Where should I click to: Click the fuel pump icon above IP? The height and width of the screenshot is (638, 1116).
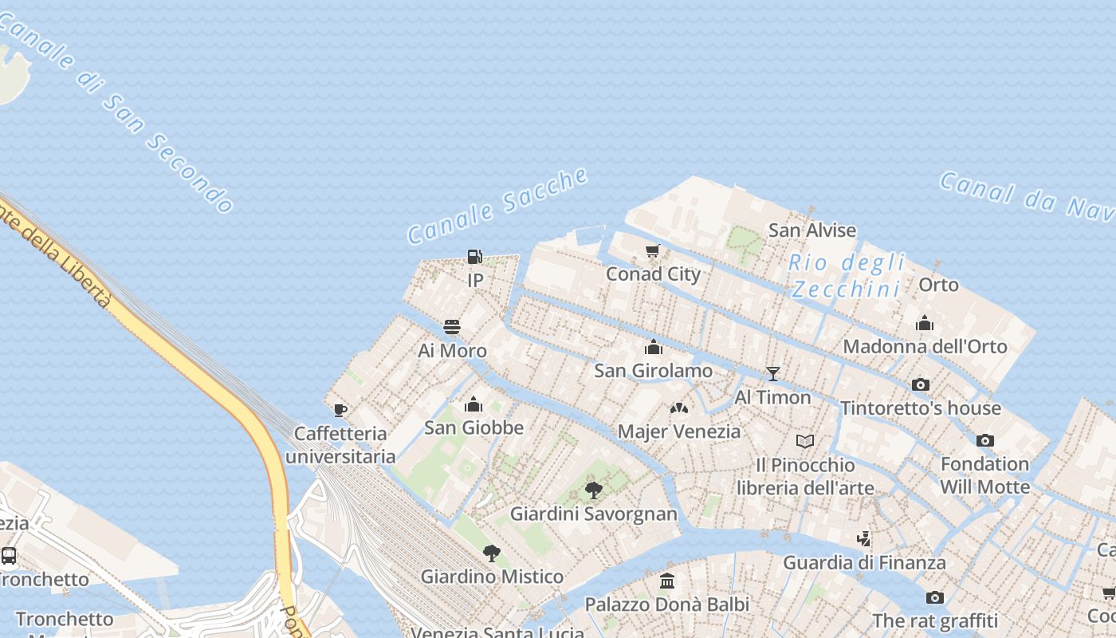tap(474, 257)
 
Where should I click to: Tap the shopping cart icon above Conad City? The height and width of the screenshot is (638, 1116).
tap(653, 251)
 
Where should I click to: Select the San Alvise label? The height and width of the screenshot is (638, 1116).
tap(811, 230)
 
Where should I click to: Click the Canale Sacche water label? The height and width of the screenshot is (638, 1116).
tap(498, 206)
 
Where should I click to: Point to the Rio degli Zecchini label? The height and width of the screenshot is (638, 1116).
tap(847, 275)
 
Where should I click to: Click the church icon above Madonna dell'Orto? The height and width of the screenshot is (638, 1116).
tap(925, 323)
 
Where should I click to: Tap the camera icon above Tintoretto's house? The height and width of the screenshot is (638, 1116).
tap(921, 385)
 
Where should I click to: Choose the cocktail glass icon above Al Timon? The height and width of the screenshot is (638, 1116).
tap(772, 373)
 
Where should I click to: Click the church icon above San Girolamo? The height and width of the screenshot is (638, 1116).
tap(654, 347)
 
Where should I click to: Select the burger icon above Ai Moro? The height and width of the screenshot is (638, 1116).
tap(452, 327)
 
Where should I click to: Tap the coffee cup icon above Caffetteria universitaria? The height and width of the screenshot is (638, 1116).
tap(340, 411)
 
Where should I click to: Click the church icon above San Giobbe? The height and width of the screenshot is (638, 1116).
tap(474, 404)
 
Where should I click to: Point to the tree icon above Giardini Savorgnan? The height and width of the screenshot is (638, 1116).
tap(593, 490)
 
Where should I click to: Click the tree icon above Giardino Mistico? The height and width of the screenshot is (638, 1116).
tap(492, 553)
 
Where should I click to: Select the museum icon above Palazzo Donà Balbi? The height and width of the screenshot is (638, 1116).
tap(667, 581)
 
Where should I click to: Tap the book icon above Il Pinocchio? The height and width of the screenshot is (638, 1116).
tap(805, 441)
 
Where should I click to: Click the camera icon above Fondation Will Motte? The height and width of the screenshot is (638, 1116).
tap(985, 440)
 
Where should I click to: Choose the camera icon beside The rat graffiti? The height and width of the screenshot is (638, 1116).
tap(935, 597)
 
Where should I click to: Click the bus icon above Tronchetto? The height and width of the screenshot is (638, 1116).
tap(9, 556)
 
